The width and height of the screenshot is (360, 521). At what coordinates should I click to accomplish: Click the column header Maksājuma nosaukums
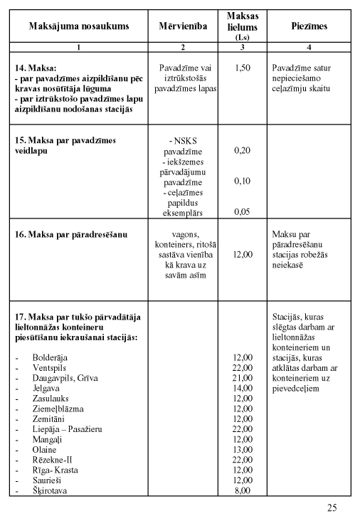tap(78, 26)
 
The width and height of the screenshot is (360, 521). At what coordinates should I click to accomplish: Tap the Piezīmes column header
tap(309, 26)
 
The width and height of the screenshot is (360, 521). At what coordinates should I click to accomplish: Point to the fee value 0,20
tap(243, 150)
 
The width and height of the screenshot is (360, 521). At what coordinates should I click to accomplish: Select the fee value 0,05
tap(243, 211)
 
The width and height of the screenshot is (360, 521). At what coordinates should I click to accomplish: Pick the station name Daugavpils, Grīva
tap(65, 377)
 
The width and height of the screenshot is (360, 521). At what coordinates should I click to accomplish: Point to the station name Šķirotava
tap(51, 491)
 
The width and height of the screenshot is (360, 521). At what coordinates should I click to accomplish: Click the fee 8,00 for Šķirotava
tap(243, 491)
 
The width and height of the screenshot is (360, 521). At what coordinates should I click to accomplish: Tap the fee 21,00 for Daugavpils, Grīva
tap(243, 377)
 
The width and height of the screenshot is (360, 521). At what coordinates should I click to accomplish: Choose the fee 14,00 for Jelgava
tap(243, 388)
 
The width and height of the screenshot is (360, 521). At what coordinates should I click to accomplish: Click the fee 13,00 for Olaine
tap(243, 450)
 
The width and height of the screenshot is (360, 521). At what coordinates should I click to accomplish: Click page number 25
tap(332, 507)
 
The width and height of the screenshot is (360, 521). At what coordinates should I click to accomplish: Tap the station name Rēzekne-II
tap(55, 461)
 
